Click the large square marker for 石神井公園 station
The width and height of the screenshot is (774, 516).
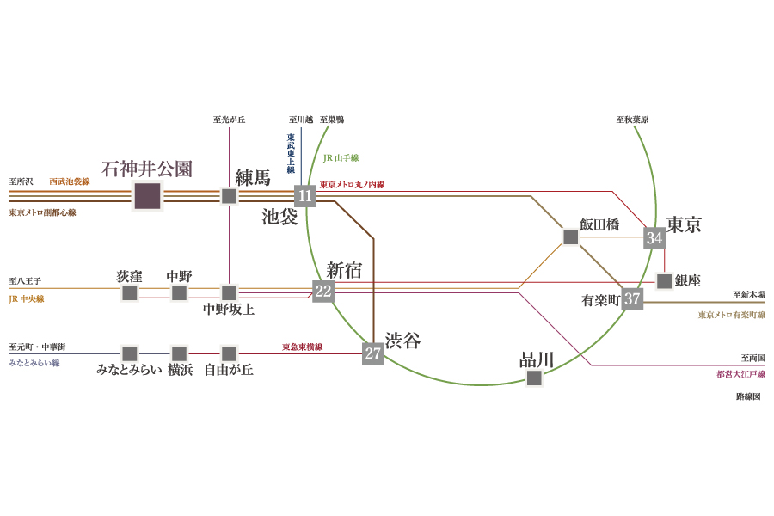[x=148, y=196]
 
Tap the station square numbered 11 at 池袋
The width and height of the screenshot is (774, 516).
[x=305, y=196]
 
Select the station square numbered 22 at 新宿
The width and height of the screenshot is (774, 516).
[x=323, y=291]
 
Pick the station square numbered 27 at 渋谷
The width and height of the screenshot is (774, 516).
[x=373, y=353]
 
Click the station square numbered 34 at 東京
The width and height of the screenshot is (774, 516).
[x=654, y=238]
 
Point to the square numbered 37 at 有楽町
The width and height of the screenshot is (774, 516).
[x=632, y=298]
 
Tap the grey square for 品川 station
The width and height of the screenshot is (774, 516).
[x=534, y=378]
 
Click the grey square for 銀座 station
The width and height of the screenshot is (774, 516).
[x=665, y=281]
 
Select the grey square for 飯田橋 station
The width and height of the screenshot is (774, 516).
[x=571, y=237]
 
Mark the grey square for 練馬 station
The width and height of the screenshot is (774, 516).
[x=229, y=196]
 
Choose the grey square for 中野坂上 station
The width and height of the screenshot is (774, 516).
[x=229, y=292]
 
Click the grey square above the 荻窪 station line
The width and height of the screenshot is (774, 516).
[x=130, y=292]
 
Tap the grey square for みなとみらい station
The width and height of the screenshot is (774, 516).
[x=130, y=353]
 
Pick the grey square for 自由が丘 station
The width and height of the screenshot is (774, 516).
[x=229, y=353]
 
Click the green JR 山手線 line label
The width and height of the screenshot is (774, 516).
[x=341, y=158]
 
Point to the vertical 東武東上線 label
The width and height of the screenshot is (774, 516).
[x=291, y=153]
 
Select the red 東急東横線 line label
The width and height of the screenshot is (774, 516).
[x=302, y=347]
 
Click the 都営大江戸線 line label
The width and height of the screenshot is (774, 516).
[x=740, y=374]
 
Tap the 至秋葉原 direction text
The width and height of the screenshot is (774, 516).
[x=632, y=120]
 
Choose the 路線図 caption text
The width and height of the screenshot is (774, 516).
[x=748, y=396]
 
